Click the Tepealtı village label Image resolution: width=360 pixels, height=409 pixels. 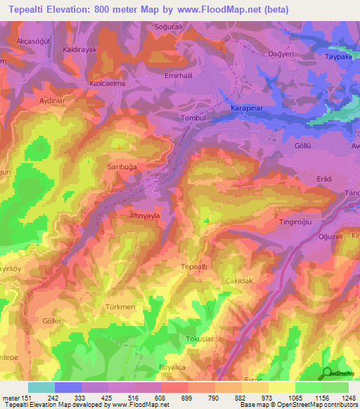(193, 267)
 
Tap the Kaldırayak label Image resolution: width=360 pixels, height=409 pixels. (79, 50)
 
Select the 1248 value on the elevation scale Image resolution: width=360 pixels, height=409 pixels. (349, 398)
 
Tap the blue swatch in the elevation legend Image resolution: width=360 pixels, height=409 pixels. (68, 387)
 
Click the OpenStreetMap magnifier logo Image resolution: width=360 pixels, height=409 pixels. (326, 374)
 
